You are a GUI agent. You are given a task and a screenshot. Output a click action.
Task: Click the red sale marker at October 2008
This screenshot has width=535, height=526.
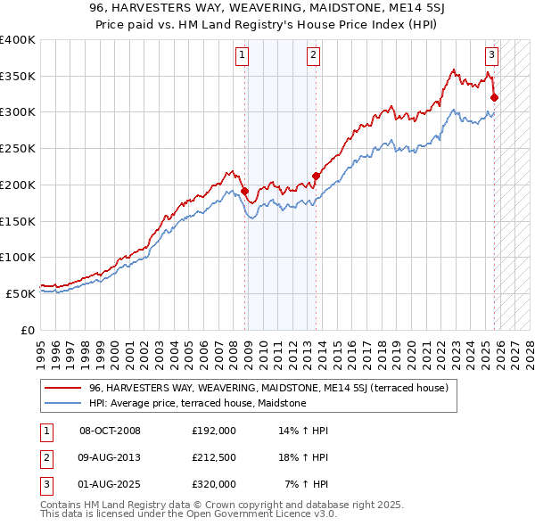tap(244, 191)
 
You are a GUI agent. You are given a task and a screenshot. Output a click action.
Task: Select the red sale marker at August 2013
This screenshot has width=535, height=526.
tap(316, 176)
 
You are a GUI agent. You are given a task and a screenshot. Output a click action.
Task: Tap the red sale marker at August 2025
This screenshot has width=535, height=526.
tap(494, 98)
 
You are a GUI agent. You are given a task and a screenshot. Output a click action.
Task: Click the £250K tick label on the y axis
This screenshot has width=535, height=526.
tap(17, 149)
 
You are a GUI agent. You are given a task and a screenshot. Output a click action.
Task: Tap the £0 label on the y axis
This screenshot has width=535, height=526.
tap(27, 330)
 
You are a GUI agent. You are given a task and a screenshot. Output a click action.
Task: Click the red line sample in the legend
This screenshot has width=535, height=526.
tap(63, 388)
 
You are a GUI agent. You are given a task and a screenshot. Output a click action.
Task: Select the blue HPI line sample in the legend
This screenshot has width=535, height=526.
tap(63, 403)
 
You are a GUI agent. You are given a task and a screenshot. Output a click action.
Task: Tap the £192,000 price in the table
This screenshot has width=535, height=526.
tap(213, 431)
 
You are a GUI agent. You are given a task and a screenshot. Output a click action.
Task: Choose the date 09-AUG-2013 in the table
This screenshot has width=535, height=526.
tap(110, 457)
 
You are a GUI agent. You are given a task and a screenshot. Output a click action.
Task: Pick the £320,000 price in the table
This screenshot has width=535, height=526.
tap(213, 484)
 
